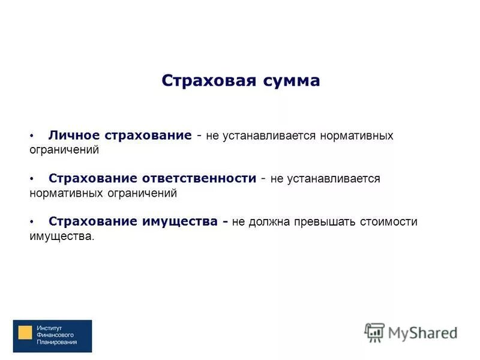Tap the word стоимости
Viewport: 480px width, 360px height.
(x=388, y=222)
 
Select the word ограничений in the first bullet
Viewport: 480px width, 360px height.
(x=64, y=150)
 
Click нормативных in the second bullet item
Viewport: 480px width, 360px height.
(x=64, y=193)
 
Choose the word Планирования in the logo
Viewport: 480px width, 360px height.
(x=56, y=343)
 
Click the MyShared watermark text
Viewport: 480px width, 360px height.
(x=422, y=332)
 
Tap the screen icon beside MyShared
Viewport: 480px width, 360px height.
(x=374, y=332)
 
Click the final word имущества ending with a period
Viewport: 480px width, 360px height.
(x=62, y=236)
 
